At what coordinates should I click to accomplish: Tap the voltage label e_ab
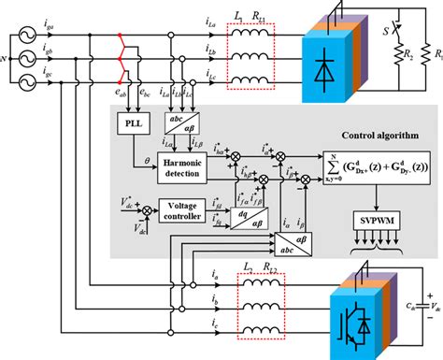click(120, 95)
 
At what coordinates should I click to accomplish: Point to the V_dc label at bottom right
click(429, 304)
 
